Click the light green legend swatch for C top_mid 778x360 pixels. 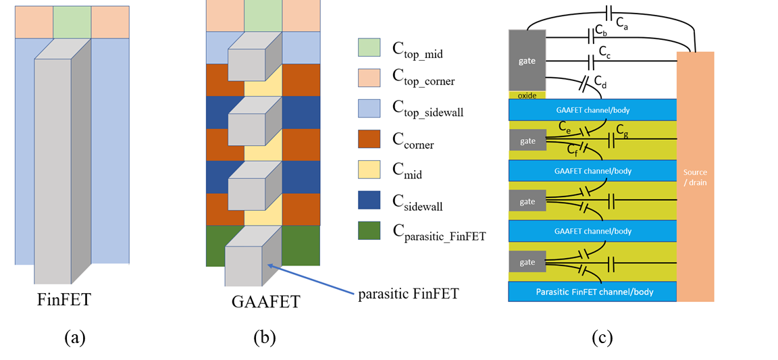pos(370,47)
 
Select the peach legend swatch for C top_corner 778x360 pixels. pos(370,78)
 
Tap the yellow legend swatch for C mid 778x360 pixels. pos(370,170)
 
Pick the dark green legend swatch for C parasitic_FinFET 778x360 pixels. pos(370,231)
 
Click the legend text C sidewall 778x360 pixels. pos(418,202)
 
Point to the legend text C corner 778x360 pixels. pos(414,142)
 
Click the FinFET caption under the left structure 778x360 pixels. pos(63,299)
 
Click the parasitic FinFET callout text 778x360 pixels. pos(408,294)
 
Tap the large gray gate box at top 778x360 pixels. pos(527,60)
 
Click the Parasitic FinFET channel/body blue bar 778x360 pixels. pos(592,292)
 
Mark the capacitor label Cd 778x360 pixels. pos(600,82)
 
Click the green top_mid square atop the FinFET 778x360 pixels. pos(72,22)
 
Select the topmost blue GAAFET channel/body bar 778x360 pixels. pos(592,109)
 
